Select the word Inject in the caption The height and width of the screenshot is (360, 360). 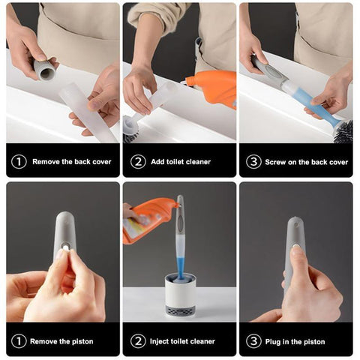pos(159,341)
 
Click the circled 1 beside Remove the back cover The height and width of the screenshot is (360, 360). pos(19,161)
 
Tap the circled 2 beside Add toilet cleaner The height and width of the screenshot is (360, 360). pos(138,161)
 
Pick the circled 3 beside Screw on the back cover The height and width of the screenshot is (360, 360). pos(253,161)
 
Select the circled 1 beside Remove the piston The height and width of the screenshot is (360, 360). pos(19,341)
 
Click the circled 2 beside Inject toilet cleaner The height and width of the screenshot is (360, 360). pos(138,341)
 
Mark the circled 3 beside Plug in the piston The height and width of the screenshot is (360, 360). pos(253,341)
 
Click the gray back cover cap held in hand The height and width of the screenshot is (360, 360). pos(45,69)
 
